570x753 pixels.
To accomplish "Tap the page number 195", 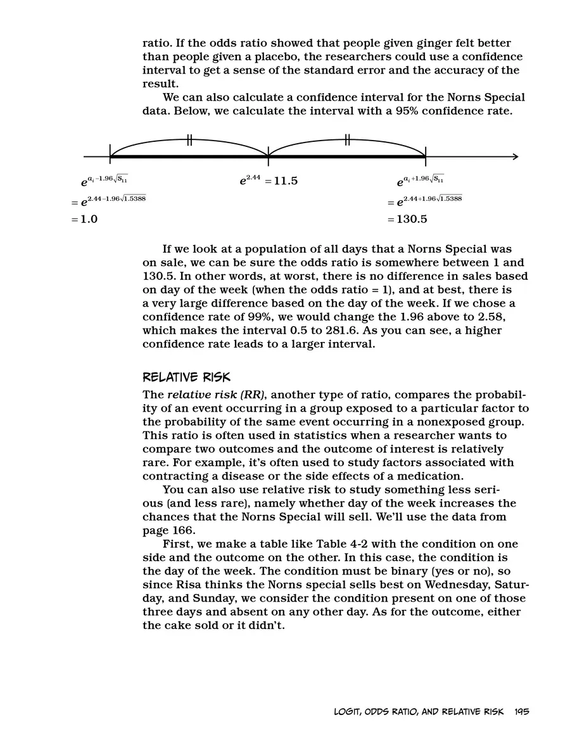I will click(x=522, y=711).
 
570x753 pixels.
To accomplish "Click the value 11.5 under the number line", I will click(x=281, y=181).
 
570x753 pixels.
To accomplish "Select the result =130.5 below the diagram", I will click(x=407, y=220).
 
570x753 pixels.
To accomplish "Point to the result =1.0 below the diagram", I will click(x=84, y=220).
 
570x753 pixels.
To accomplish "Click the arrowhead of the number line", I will click(x=515, y=157).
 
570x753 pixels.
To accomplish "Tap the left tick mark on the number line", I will click(x=110, y=153).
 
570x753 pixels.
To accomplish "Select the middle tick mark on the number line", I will click(x=268, y=153).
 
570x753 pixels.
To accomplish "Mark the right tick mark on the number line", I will click(x=425, y=153).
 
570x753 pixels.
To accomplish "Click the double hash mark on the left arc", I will click(x=189, y=140).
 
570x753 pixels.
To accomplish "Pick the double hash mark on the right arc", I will click(x=347, y=140).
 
